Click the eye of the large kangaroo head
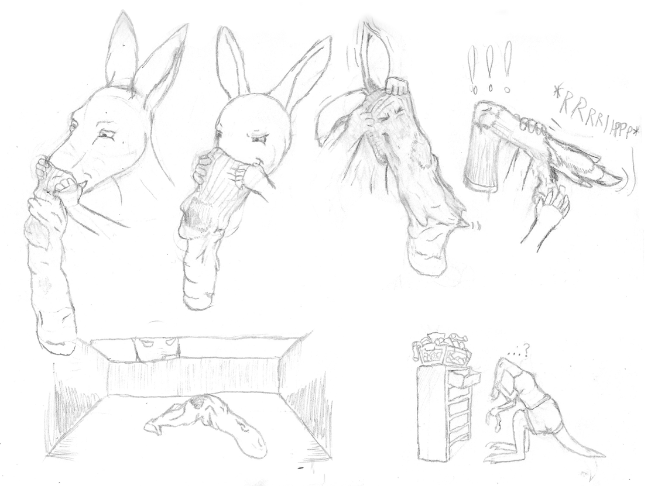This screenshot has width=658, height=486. click(x=104, y=135)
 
